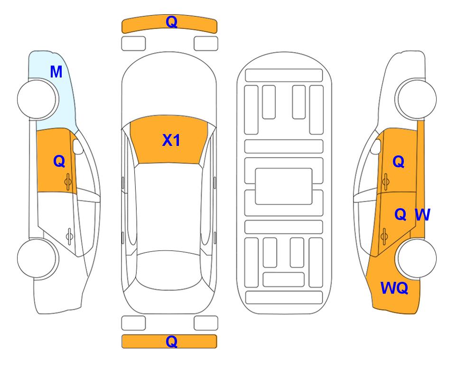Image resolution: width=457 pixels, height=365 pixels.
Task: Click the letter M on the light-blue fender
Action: [x=56, y=72]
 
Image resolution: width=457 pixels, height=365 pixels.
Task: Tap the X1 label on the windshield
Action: [x=171, y=140]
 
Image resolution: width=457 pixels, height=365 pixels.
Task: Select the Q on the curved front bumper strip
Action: [x=171, y=22]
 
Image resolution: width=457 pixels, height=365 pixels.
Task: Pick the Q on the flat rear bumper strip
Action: [x=171, y=341]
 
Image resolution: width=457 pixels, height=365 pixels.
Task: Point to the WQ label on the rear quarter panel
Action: [x=394, y=288]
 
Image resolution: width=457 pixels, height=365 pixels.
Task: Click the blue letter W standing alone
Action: [x=422, y=215]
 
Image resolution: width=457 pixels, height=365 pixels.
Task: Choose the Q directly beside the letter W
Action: [x=400, y=215]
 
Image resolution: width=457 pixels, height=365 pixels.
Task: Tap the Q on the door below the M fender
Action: [x=59, y=161]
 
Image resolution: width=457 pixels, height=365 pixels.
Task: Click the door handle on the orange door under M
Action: [x=68, y=182]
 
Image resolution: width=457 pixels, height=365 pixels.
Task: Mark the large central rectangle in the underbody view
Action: [x=284, y=186]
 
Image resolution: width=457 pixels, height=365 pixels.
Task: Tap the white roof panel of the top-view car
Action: [x=169, y=207]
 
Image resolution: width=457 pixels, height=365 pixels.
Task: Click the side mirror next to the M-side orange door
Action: [x=78, y=146]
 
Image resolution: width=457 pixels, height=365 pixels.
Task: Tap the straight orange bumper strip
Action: [x=169, y=341]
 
